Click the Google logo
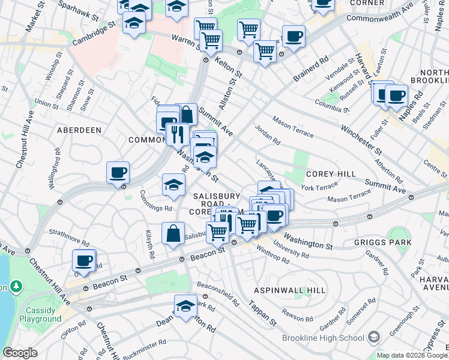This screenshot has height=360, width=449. point(20,353)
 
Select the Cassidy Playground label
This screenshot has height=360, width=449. point(43,315)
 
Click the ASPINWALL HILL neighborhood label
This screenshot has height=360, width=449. point(290,290)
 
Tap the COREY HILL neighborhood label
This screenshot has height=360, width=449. point(332,173)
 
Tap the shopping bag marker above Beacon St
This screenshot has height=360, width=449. point(173,234)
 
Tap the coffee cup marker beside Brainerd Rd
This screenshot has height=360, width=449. point(294,37)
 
